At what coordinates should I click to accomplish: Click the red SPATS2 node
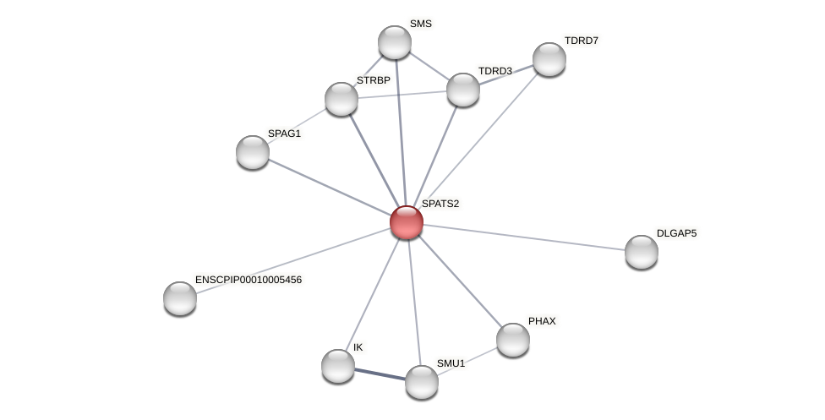click(406, 222)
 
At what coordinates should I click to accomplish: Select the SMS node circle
click(394, 42)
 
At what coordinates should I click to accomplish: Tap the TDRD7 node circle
click(549, 59)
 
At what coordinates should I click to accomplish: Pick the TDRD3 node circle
click(462, 90)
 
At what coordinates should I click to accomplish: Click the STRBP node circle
click(341, 99)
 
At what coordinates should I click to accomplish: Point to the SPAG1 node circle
click(253, 152)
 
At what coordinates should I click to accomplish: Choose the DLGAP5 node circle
click(641, 252)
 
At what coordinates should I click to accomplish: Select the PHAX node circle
click(512, 340)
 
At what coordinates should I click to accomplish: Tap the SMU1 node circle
click(421, 382)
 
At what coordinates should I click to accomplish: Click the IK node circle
click(338, 366)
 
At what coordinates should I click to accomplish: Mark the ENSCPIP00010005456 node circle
click(180, 298)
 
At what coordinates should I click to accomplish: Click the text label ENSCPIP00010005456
click(248, 280)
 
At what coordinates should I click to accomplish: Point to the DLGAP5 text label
click(676, 233)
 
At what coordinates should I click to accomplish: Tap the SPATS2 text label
click(440, 204)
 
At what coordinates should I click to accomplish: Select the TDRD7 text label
click(582, 41)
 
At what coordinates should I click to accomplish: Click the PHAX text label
click(542, 321)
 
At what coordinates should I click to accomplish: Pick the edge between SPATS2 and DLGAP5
click(524, 237)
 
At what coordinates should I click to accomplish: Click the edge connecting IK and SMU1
click(380, 374)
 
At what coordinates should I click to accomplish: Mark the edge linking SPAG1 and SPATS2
click(330, 188)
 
